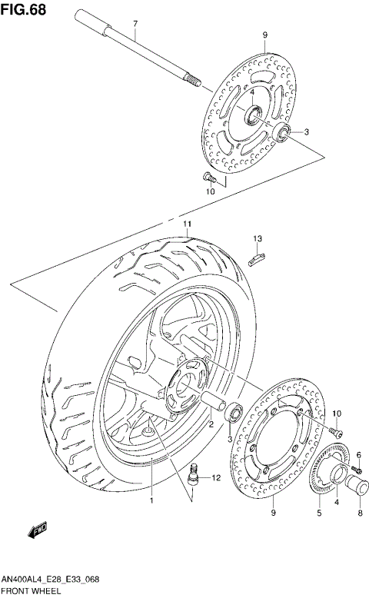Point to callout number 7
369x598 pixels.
tap(135, 24)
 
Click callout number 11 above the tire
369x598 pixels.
tap(185, 224)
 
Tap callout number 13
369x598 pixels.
tap(259, 238)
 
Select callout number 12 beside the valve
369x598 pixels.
tap(216, 478)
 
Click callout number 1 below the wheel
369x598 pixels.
tap(151, 500)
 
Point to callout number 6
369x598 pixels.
tap(357, 455)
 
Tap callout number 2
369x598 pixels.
tap(211, 423)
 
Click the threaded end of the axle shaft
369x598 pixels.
tap(192, 79)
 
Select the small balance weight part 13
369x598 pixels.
tap(258, 257)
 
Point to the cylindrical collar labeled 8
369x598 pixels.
tap(357, 485)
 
